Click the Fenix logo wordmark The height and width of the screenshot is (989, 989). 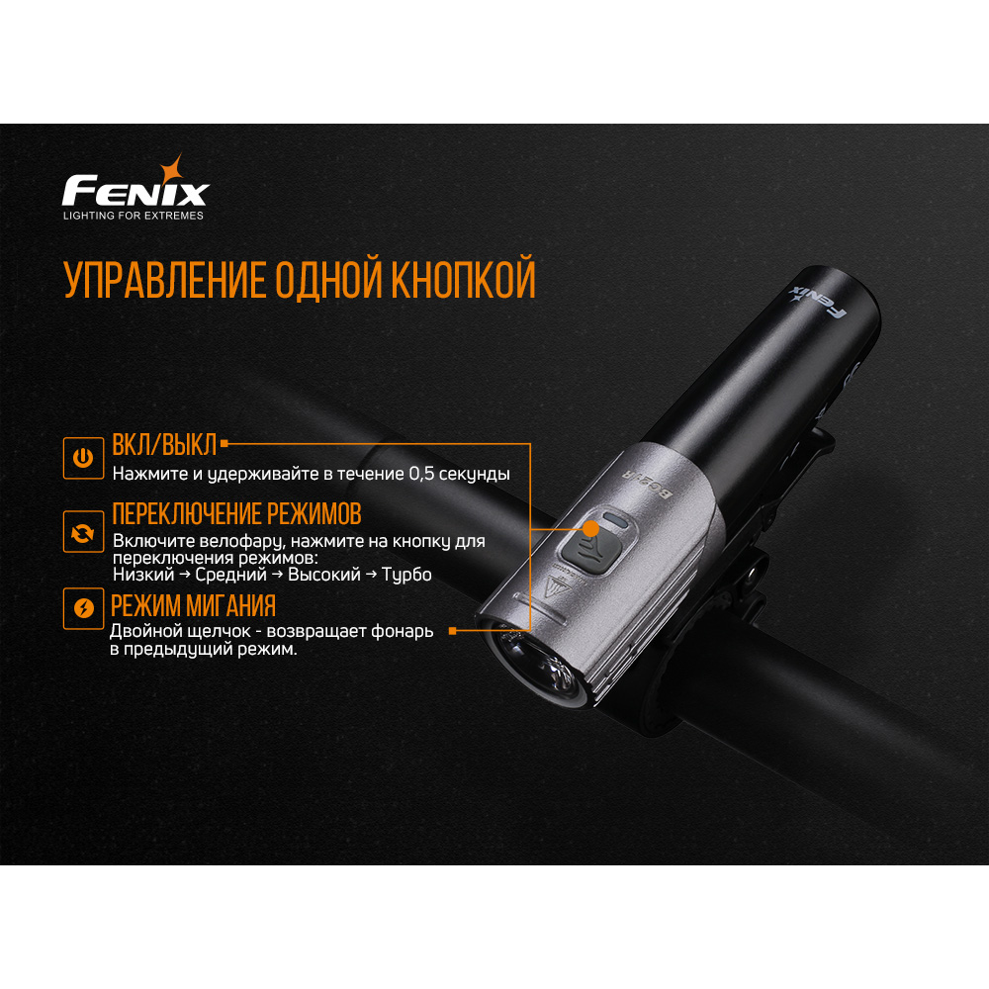click(135, 191)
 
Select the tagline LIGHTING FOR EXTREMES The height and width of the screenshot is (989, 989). click(134, 216)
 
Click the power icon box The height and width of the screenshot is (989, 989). click(83, 458)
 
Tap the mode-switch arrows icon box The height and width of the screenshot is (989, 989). click(83, 532)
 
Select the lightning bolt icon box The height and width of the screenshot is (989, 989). click(83, 608)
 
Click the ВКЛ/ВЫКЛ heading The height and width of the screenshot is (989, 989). click(164, 445)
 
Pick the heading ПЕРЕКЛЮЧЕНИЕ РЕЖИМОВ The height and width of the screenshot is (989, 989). click(236, 514)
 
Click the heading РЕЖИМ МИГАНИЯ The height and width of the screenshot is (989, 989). click(193, 605)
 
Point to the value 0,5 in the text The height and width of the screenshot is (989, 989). click(422, 474)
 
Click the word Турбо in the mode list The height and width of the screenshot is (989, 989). click(406, 575)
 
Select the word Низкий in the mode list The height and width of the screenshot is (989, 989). click(143, 575)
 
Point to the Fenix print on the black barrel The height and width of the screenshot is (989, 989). click(818, 301)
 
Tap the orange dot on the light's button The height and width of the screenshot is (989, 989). click(591, 528)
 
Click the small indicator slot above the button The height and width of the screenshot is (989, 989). click(614, 520)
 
